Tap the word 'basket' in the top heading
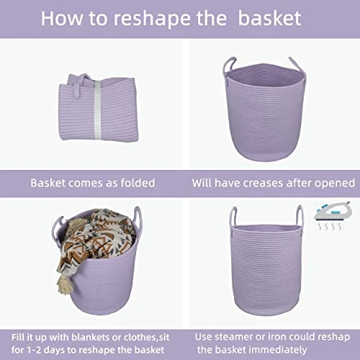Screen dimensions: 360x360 pyautogui.click(x=269, y=18)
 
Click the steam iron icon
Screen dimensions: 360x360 pyautogui.click(x=333, y=212)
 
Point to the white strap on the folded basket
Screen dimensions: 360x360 pyautogui.click(x=97, y=109)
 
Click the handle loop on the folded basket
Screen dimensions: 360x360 pyautogui.click(x=79, y=85)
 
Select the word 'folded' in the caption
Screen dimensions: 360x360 pyautogui.click(x=138, y=183)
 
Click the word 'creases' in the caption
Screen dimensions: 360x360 pyautogui.click(x=264, y=183)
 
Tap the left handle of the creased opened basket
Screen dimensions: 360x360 pyautogui.click(x=229, y=66)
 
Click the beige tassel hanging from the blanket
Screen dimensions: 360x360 pyautogui.click(x=62, y=287)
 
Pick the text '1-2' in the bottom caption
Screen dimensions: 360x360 pyautogui.click(x=33, y=350)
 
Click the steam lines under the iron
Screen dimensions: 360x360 pyautogui.click(x=329, y=226)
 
